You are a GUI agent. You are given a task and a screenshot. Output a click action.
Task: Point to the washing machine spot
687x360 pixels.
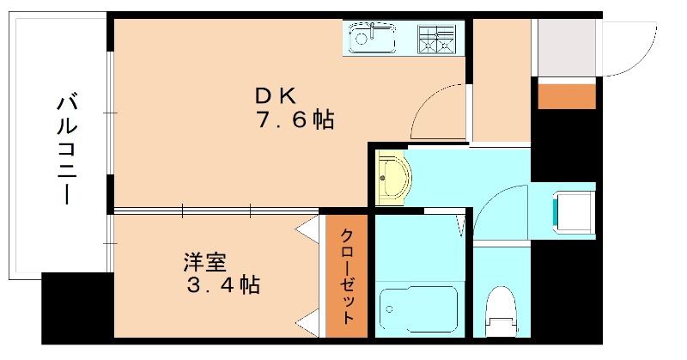point(571,211)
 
